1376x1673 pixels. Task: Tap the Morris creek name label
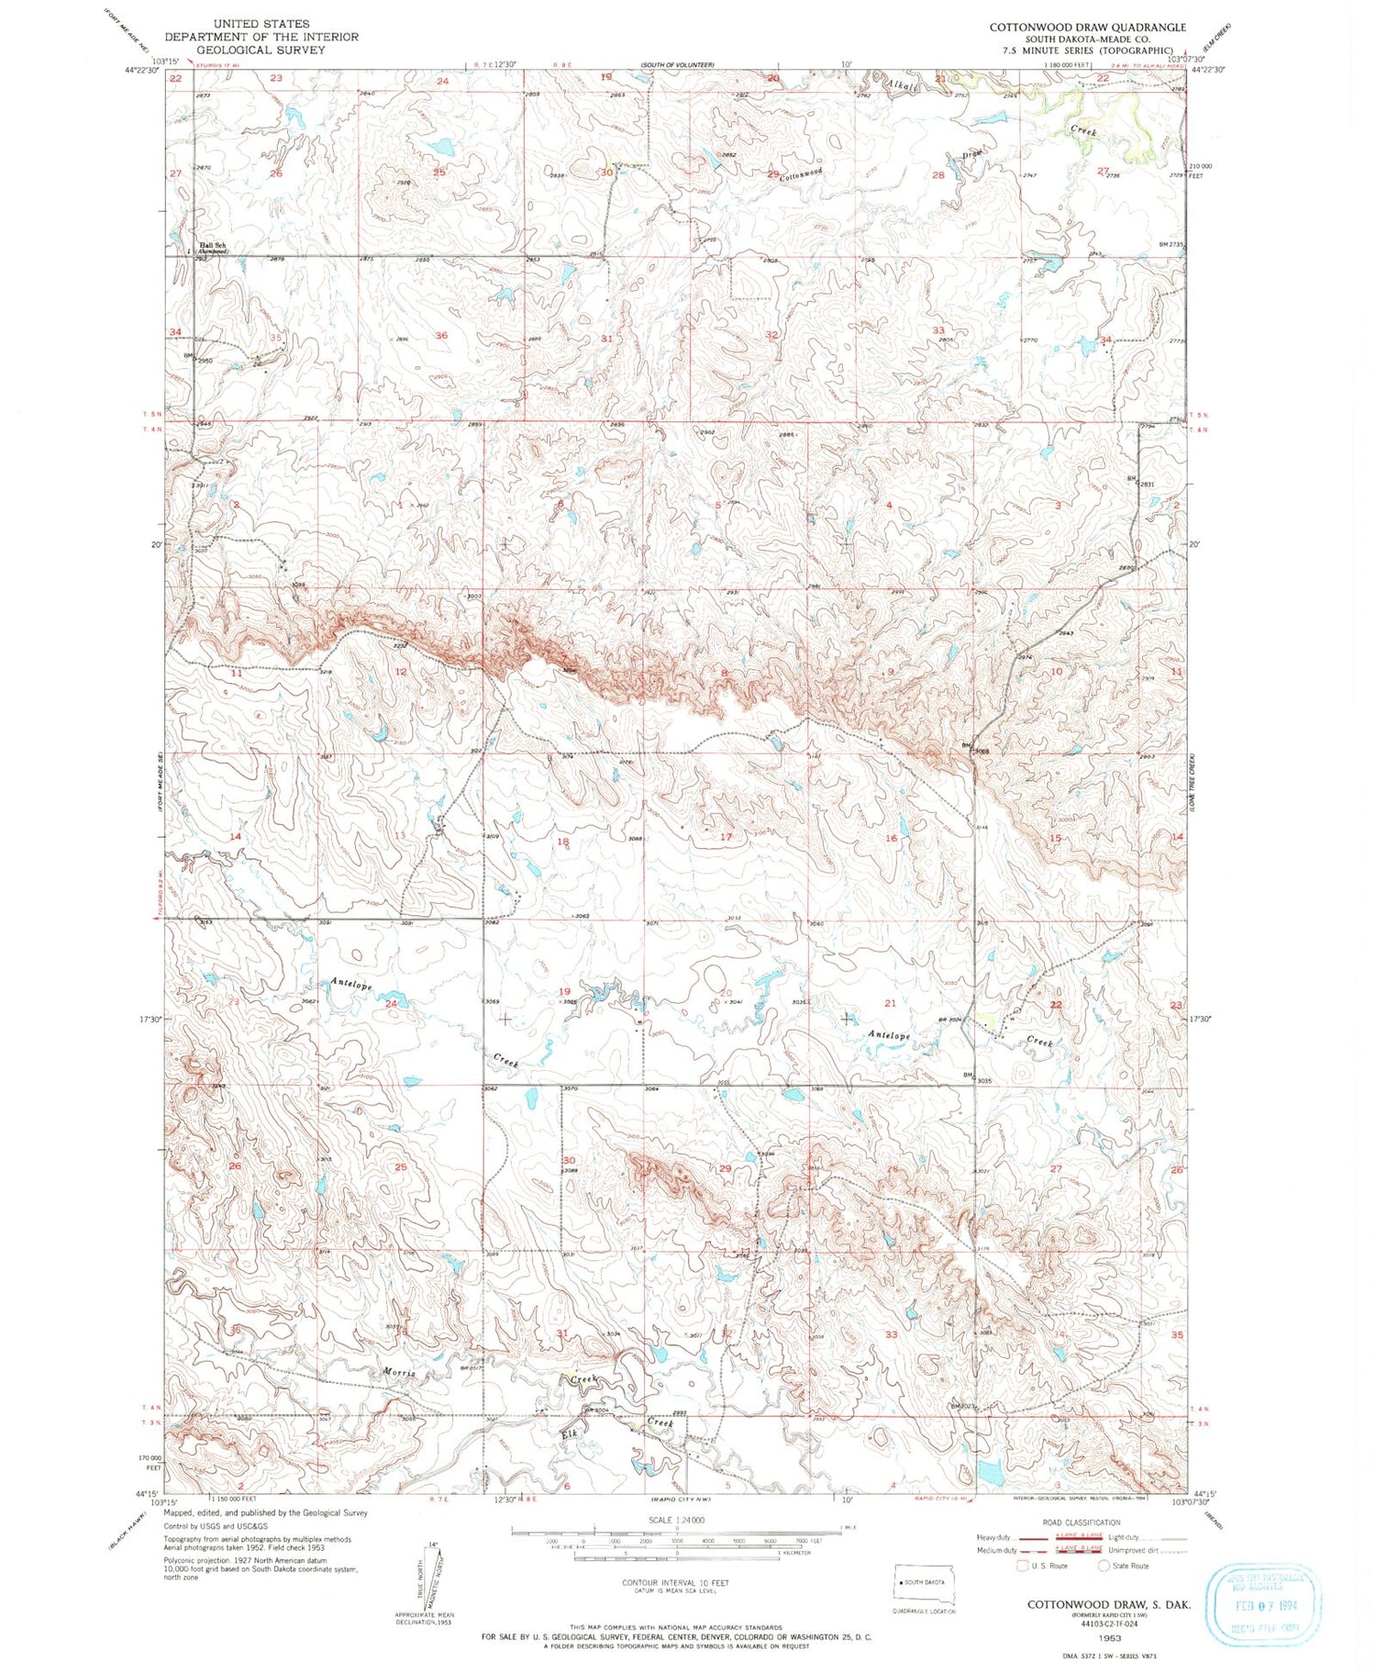click(x=400, y=1372)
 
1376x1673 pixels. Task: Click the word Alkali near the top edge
click(x=902, y=85)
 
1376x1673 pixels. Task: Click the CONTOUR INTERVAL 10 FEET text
click(x=675, y=1582)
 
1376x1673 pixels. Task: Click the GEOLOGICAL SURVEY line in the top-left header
click(x=261, y=50)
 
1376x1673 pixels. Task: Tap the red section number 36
click(x=441, y=336)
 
